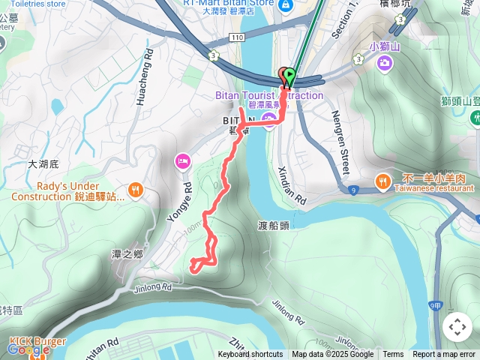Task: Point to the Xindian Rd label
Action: pos(292,186)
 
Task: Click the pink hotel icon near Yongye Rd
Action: pos(181,160)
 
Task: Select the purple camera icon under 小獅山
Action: pos(385,64)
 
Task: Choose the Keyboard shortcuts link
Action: pos(250,355)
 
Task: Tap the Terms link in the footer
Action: pos(393,355)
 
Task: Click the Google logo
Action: pos(28,349)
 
